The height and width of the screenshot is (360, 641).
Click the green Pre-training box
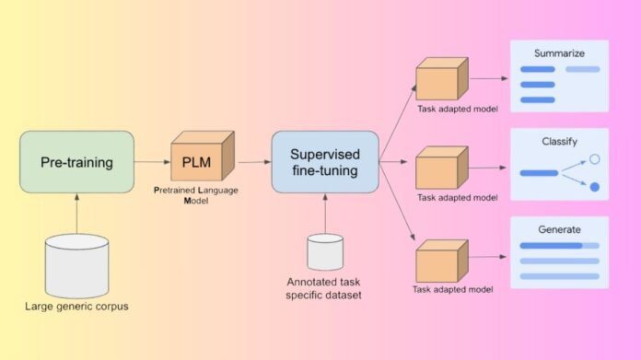pos(76,162)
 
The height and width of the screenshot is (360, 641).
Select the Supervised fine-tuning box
pos(325,161)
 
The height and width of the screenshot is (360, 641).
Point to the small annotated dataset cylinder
pos(325,251)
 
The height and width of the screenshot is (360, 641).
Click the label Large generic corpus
pos(76,305)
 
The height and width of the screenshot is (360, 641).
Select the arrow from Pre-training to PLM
pos(152,162)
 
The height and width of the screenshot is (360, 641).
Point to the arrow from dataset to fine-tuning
pos(325,213)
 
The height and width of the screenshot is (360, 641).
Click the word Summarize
pos(560,52)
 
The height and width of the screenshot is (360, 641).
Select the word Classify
pos(560,143)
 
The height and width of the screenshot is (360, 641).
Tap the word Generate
pos(560,229)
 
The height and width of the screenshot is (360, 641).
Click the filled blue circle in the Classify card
pos(595,187)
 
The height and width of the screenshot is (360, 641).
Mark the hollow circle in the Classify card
pos(595,159)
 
